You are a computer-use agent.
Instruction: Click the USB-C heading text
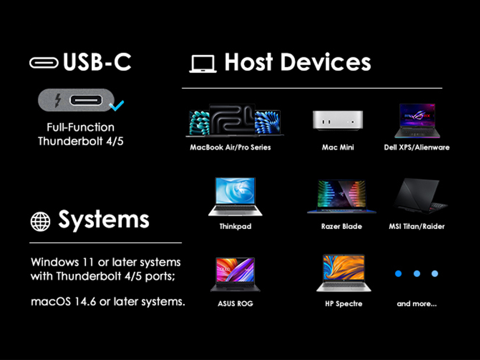pos(97,62)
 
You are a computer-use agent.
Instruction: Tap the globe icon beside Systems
pos(40,222)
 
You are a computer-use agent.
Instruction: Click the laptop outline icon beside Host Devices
pos(203,64)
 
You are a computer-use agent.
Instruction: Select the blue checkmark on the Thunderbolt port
pos(117,106)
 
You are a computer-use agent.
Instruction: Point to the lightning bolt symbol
pos(58,100)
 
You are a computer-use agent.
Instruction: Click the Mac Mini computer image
pos(338,121)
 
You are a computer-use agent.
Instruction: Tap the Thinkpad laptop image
pos(235,196)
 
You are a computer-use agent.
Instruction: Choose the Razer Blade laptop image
pos(342,196)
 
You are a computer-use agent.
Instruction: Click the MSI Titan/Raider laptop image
pos(420,196)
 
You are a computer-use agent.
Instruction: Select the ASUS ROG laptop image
pos(235,274)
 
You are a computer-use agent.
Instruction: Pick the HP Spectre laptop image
pos(344,273)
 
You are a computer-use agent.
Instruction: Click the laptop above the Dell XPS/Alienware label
pos(417,121)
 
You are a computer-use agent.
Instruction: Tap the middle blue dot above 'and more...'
pos(417,273)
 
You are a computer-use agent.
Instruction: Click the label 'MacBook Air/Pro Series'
pos(230,147)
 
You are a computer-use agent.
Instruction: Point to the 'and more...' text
pos(417,304)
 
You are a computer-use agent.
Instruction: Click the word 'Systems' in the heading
pos(104,220)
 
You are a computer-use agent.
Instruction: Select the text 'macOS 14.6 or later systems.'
pos(108,301)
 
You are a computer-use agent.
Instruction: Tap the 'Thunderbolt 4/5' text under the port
pos(81,141)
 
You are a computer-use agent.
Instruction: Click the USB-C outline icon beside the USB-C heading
pos(44,63)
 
